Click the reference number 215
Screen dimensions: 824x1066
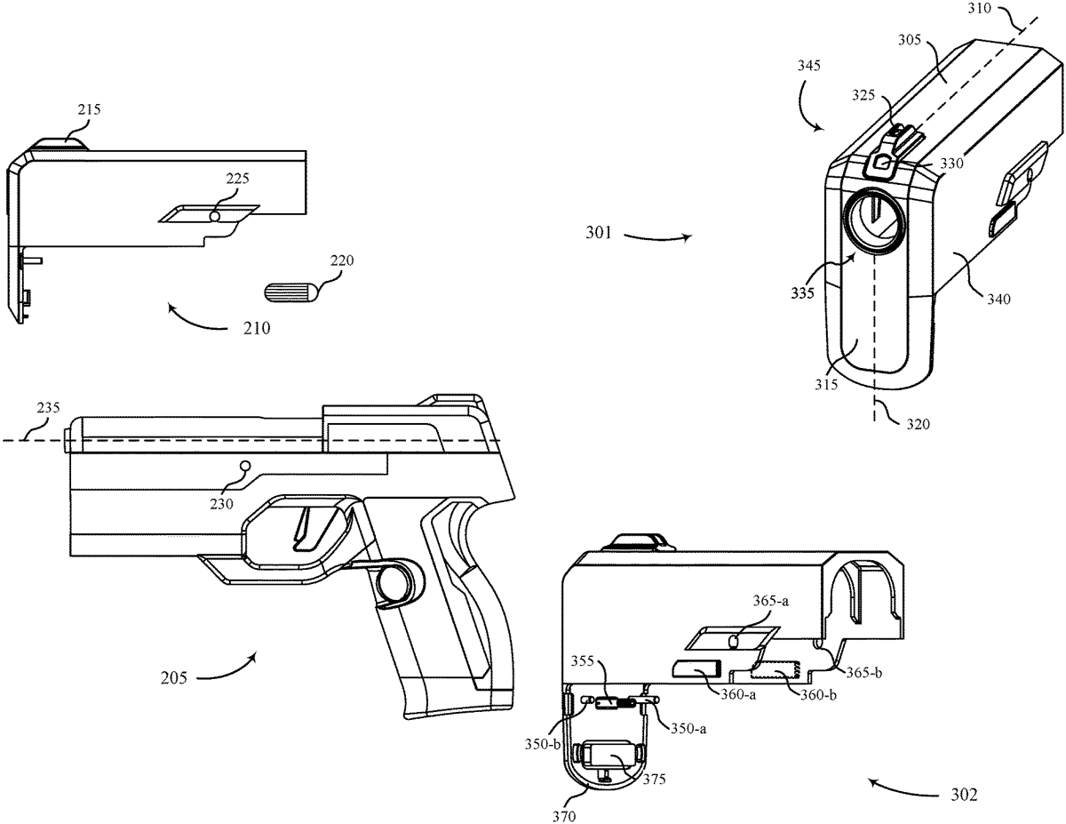[x=90, y=111]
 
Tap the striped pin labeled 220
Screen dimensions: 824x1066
[x=288, y=292]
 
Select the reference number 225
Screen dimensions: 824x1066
[x=237, y=179]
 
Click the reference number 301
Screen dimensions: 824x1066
[x=598, y=236]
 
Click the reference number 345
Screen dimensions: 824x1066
[x=809, y=66]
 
